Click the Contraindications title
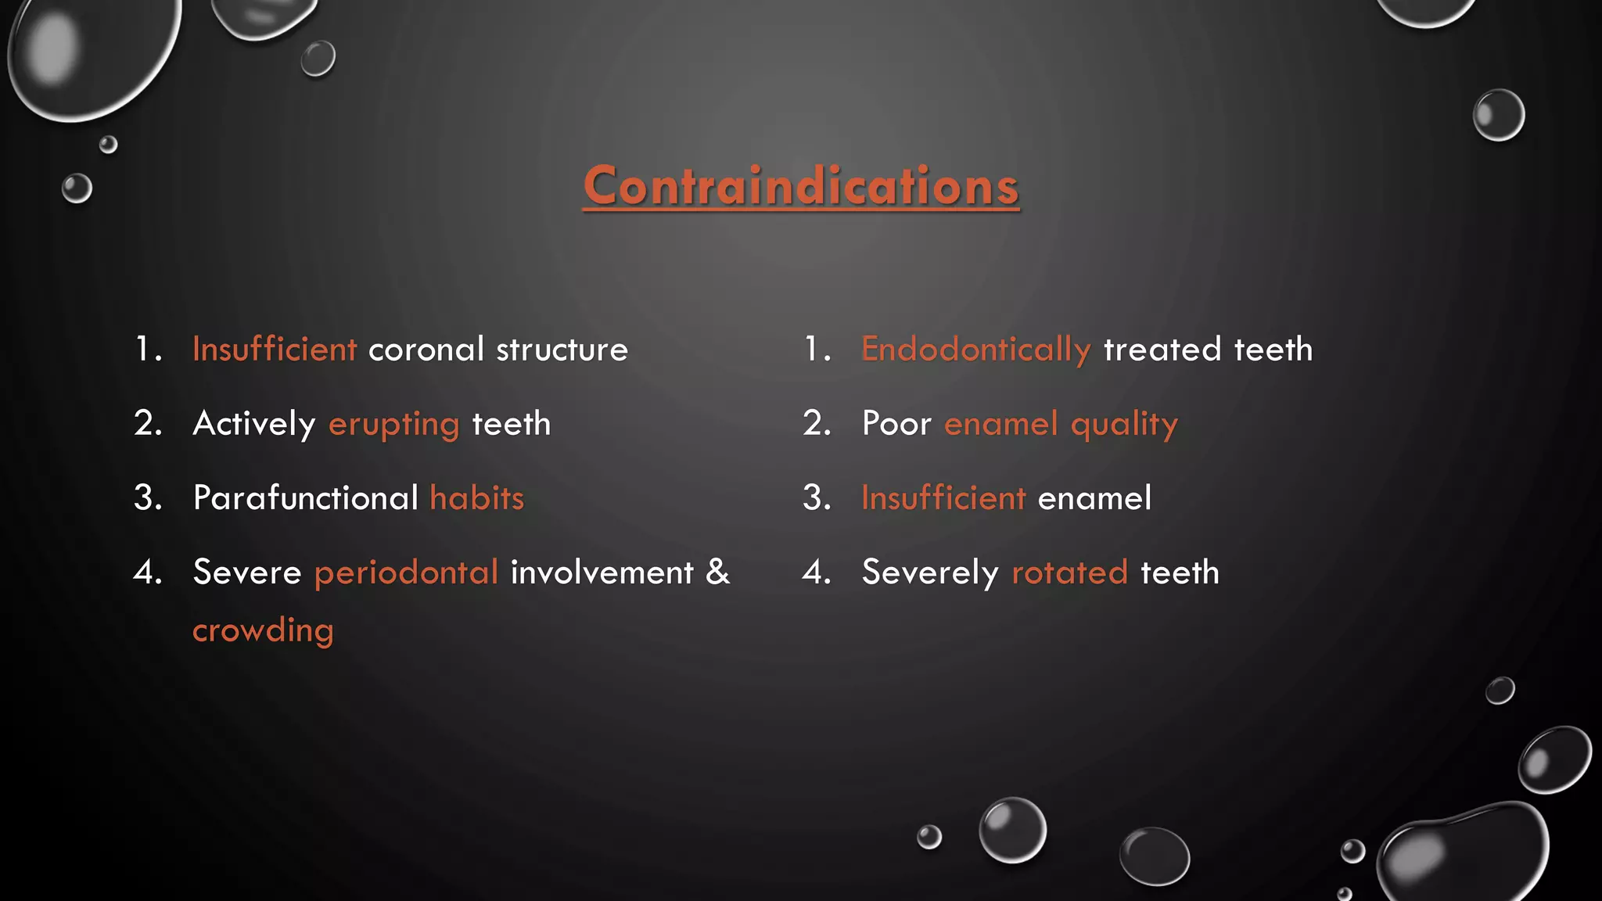(801, 186)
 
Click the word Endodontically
(975, 349)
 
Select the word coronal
(426, 350)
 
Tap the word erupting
(393, 425)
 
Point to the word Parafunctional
(306, 498)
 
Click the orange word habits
(477, 498)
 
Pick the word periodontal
(406, 573)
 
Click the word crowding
(263, 630)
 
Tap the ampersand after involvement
(717, 572)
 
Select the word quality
(1124, 425)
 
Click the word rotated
(1069, 573)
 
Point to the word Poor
(896, 424)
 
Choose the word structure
(562, 350)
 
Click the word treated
(1162, 350)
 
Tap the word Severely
(930, 573)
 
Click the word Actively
(254, 425)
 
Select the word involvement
(602, 573)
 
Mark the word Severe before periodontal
(247, 573)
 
